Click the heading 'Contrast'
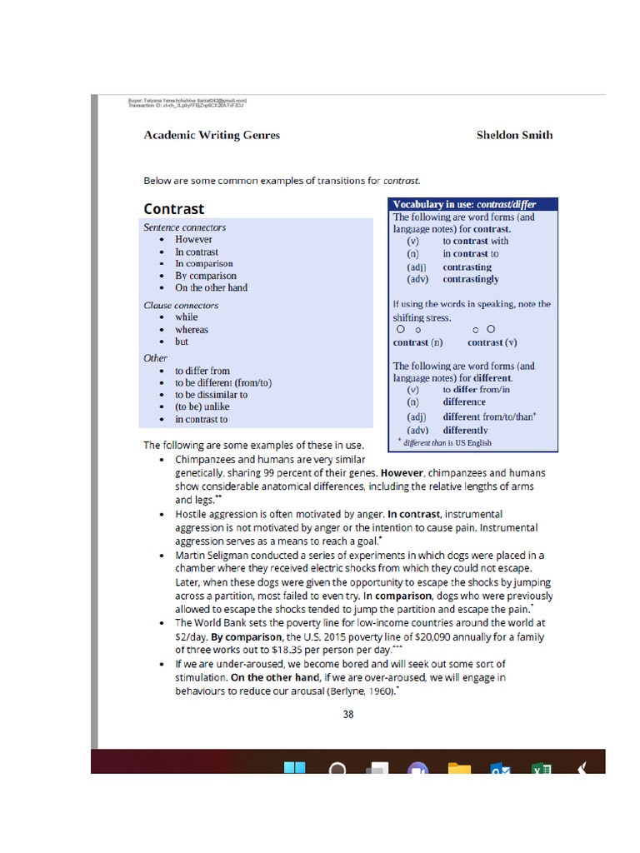coord(173,208)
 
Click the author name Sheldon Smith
coord(514,135)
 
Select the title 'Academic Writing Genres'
coord(212,135)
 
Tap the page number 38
coord(348,714)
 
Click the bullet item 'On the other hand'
coord(211,287)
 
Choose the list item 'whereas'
coord(192,329)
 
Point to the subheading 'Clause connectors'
coord(181,305)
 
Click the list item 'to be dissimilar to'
coord(211,395)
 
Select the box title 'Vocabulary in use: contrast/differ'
coord(464,204)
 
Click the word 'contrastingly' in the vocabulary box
coord(471,279)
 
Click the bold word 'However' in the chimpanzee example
coord(404,472)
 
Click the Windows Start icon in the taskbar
coord(295,768)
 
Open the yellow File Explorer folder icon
coord(459,768)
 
